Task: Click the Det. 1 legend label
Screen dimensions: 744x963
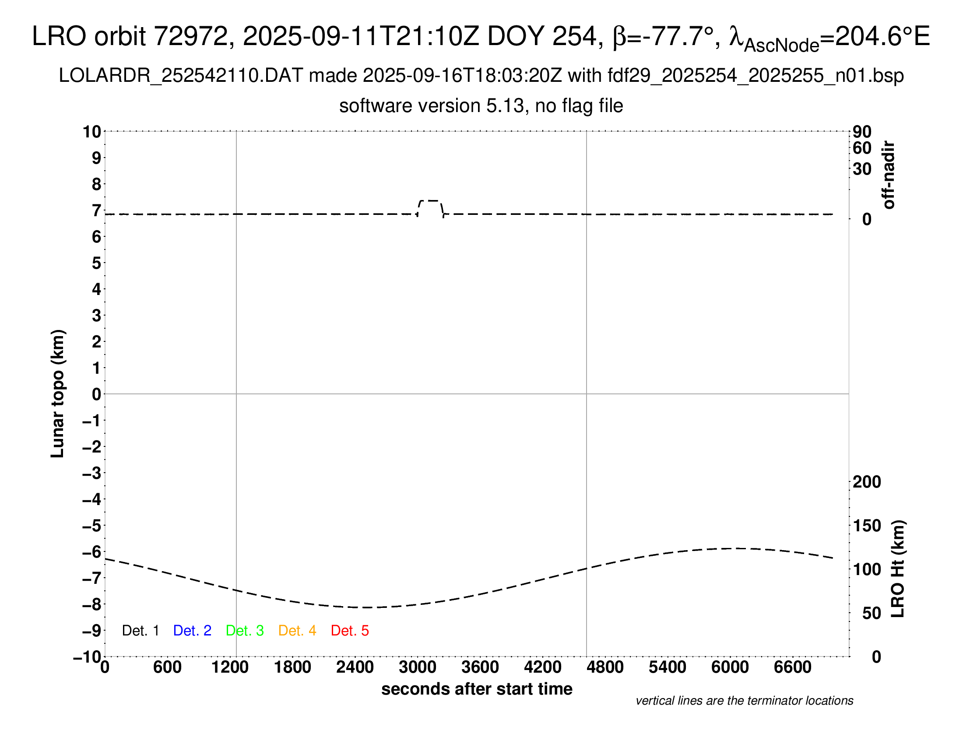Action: (x=140, y=631)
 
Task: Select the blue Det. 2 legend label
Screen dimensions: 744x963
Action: (x=192, y=631)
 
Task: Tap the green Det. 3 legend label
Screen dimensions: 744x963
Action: (x=245, y=631)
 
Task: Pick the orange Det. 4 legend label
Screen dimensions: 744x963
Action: (x=297, y=631)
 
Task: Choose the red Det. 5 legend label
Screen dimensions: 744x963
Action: (x=350, y=631)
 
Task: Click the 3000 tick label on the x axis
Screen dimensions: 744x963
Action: (x=417, y=667)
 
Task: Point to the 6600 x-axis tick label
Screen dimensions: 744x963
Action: (x=792, y=667)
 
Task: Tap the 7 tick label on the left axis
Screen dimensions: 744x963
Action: (x=96, y=211)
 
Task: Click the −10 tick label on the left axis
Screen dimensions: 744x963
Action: (x=87, y=657)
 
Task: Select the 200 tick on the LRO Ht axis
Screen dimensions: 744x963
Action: (x=867, y=482)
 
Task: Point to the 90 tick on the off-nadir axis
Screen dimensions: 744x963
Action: (x=862, y=132)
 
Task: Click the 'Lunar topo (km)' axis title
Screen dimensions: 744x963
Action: (x=58, y=393)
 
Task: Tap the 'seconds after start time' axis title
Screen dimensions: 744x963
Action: (x=477, y=689)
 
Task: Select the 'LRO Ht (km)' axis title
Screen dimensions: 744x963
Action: (x=898, y=569)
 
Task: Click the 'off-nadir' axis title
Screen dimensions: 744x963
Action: (x=889, y=175)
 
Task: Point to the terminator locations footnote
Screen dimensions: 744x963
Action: (x=744, y=701)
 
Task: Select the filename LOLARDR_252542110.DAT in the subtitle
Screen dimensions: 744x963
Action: (x=180, y=76)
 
